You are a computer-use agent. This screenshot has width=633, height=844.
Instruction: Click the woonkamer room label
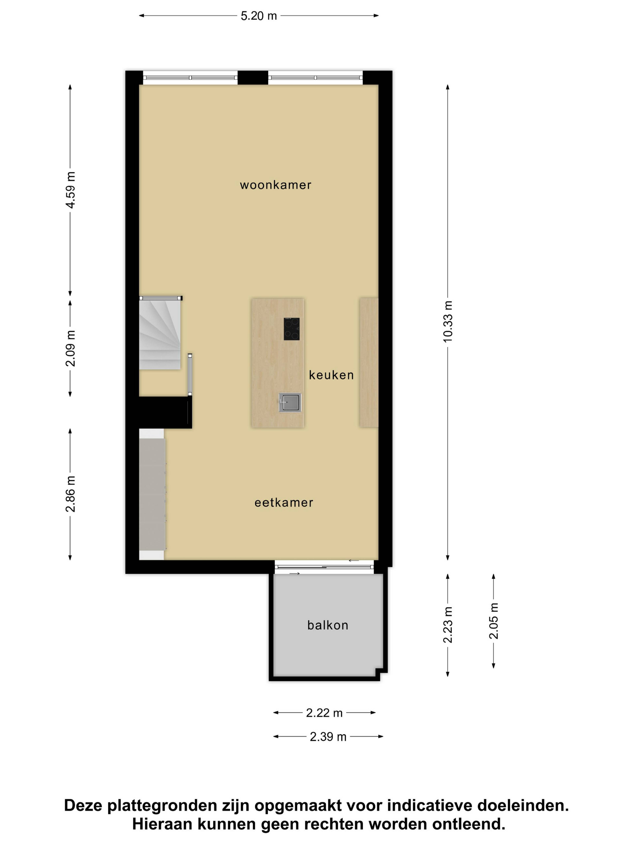(275, 185)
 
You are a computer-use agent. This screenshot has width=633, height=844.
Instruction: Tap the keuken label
(331, 375)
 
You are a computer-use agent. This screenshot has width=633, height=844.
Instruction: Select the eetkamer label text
(284, 502)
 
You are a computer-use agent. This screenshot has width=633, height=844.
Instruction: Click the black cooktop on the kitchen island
(291, 329)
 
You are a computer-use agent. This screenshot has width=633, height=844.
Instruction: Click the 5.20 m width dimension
(259, 16)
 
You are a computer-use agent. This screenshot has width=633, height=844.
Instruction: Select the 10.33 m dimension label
(448, 321)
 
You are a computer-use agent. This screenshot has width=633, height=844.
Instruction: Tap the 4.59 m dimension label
(70, 190)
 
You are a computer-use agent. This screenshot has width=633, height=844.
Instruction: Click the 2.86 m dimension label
(70, 494)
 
